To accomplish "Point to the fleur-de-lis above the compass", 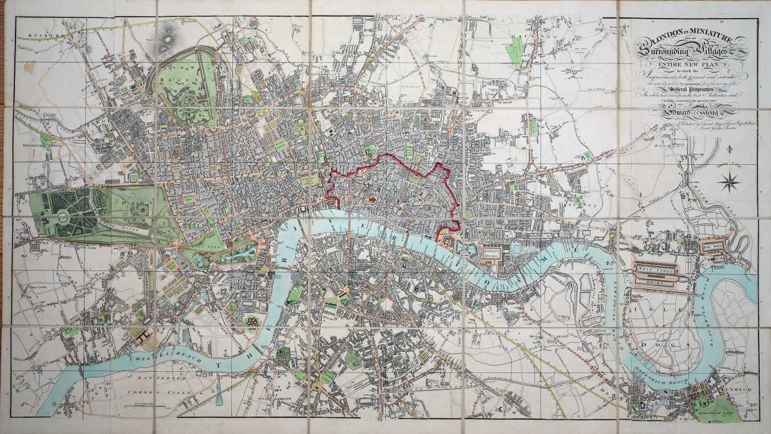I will tap(731, 151).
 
